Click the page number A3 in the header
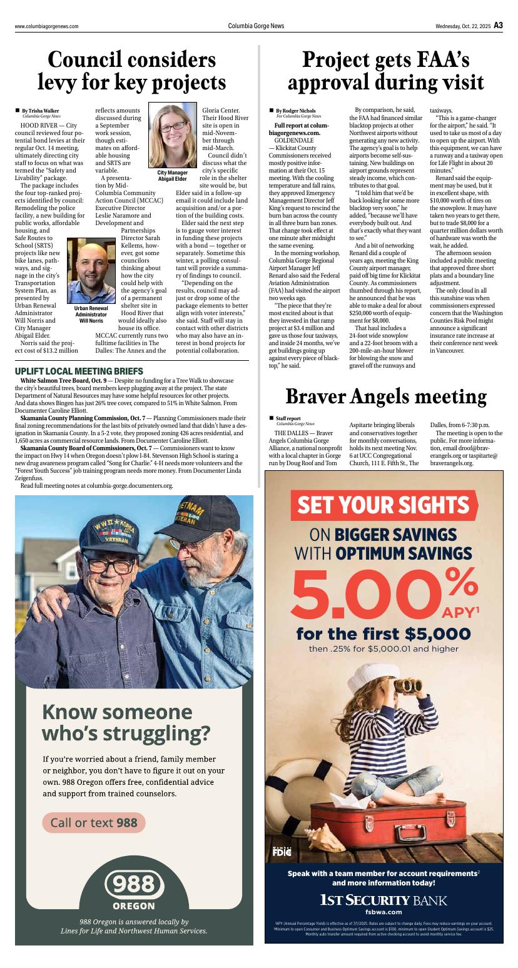coord(498,26)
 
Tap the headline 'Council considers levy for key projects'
coord(132,71)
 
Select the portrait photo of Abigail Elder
coord(172,136)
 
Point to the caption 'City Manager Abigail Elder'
coord(172,176)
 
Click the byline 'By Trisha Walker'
coord(40,111)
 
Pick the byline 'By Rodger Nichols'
coord(296,111)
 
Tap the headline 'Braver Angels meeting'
coord(386,396)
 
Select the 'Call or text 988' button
coord(94,822)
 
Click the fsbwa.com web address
coord(383,912)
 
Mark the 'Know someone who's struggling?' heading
coord(126,722)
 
